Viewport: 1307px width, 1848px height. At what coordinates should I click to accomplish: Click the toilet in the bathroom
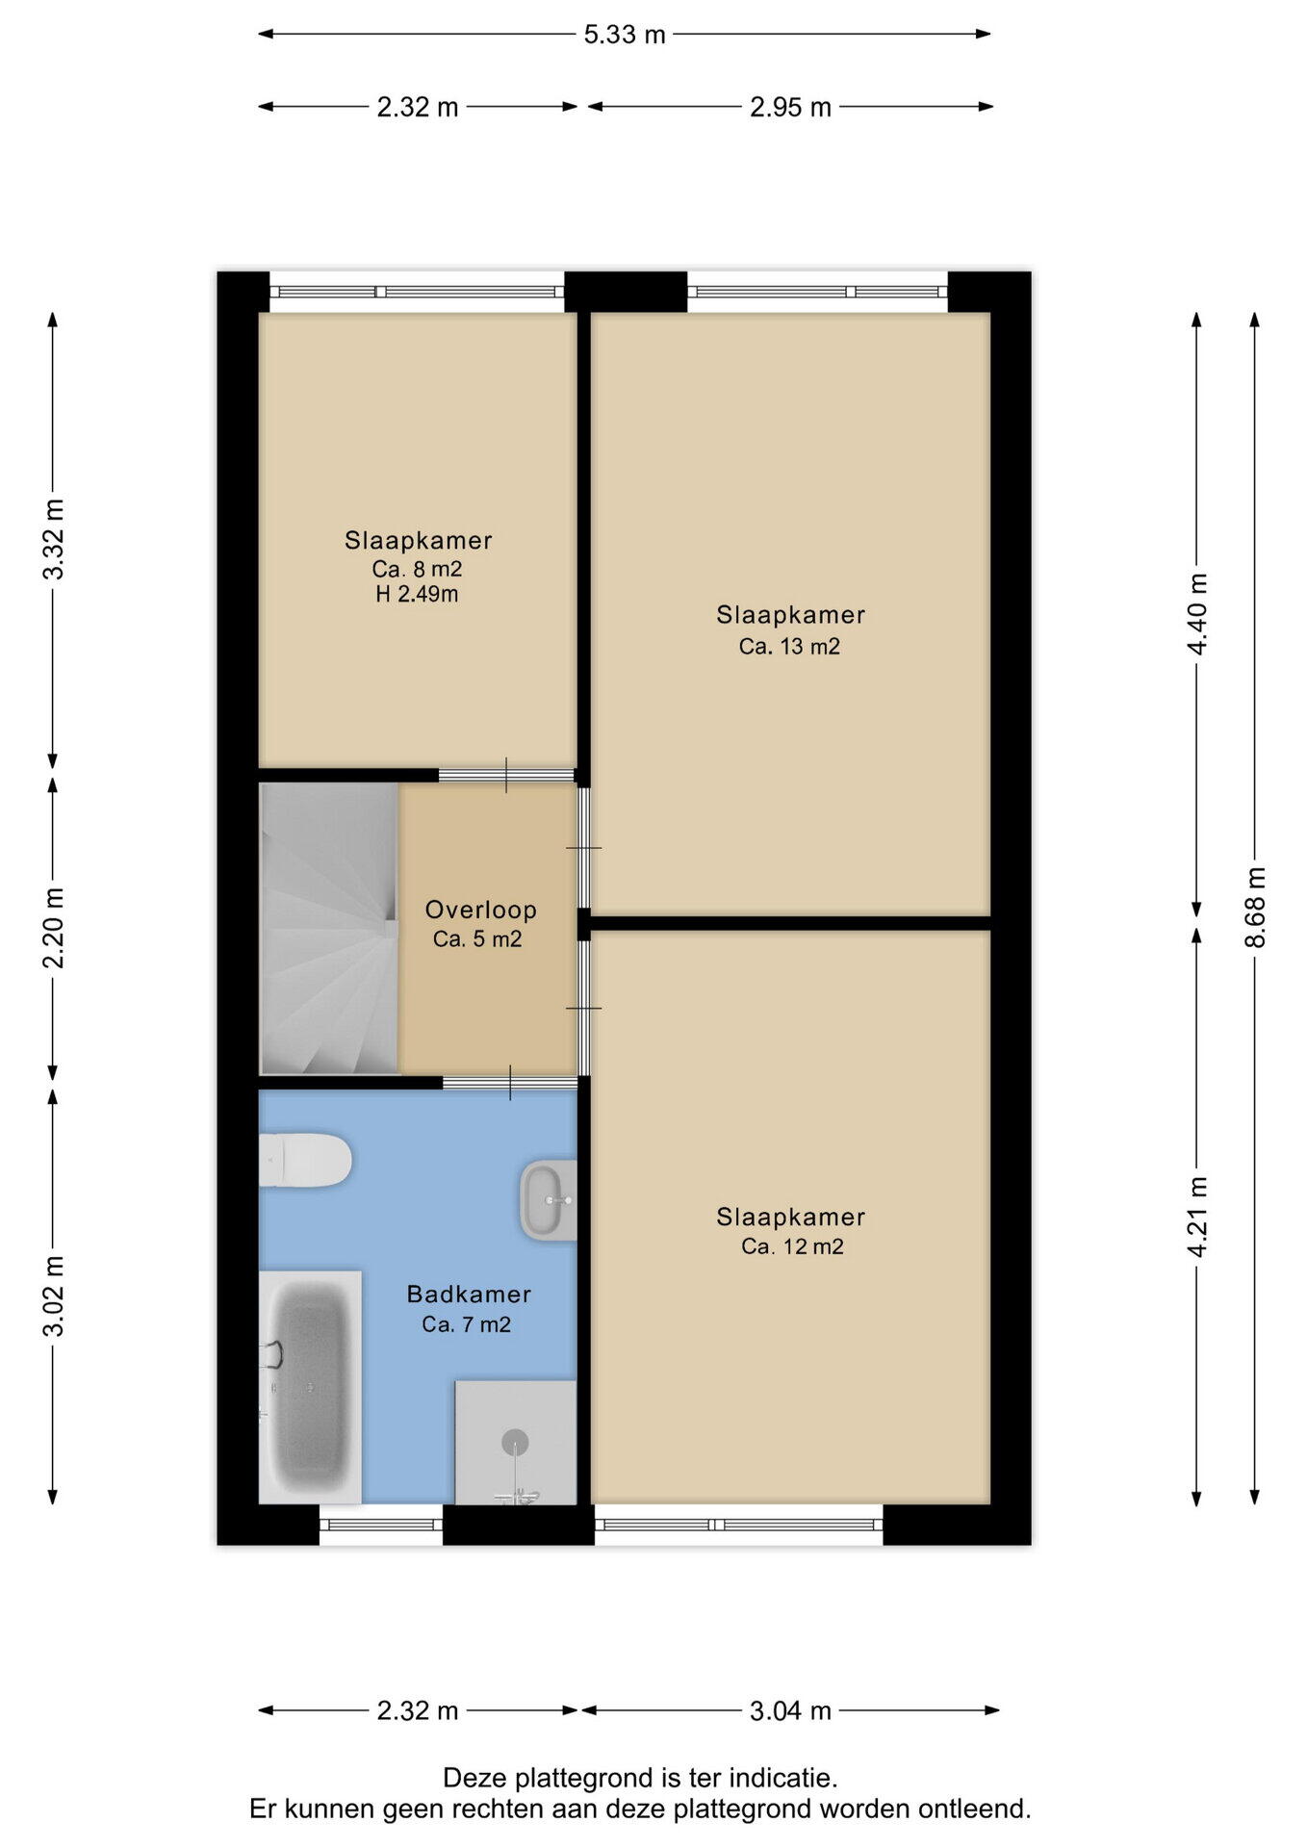pos(305,1161)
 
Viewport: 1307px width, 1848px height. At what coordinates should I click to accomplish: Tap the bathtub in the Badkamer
pos(310,1386)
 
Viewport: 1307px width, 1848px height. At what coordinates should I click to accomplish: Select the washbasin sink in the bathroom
pos(549,1200)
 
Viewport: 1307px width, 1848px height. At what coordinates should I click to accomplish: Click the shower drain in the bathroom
pos(516,1441)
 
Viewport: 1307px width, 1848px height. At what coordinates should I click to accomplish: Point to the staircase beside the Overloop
pos(329,928)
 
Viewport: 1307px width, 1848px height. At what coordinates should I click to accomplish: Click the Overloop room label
pos(481,910)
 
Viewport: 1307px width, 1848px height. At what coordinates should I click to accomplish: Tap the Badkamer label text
pos(469,1294)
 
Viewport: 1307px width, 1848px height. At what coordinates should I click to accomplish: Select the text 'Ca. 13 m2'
pos(789,647)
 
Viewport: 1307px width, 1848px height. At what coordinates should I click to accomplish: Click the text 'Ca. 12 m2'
pos(792,1247)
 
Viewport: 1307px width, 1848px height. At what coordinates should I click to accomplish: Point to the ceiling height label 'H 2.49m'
pos(417,595)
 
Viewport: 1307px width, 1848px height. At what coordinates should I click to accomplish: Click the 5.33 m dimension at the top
pos(625,35)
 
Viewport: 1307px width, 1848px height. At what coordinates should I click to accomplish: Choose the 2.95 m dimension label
pos(790,107)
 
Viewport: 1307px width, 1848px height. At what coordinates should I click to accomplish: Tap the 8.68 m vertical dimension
pos(1255,907)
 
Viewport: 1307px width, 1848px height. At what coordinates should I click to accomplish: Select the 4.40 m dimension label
pos(1197,614)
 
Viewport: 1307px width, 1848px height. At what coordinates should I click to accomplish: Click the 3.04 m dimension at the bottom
pos(790,1710)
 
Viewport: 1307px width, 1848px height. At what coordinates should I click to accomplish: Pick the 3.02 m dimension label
pos(54,1296)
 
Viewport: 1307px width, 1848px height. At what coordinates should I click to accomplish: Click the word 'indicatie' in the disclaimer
pos(780,1778)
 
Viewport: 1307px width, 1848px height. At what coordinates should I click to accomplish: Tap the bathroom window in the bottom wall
pos(381,1525)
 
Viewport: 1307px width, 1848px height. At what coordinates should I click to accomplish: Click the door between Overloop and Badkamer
pos(509,1083)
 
